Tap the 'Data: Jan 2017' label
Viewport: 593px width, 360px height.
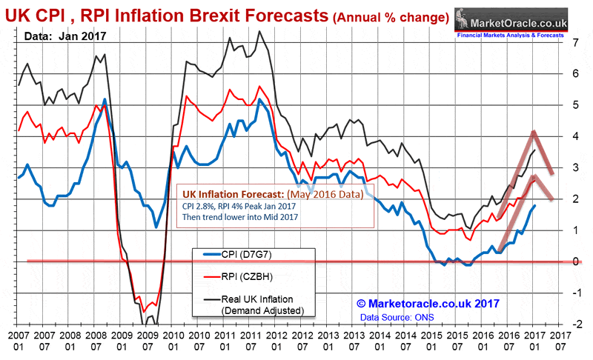[64, 34]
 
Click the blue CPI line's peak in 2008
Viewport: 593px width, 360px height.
[105, 99]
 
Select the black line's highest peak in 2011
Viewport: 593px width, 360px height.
[259, 31]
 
